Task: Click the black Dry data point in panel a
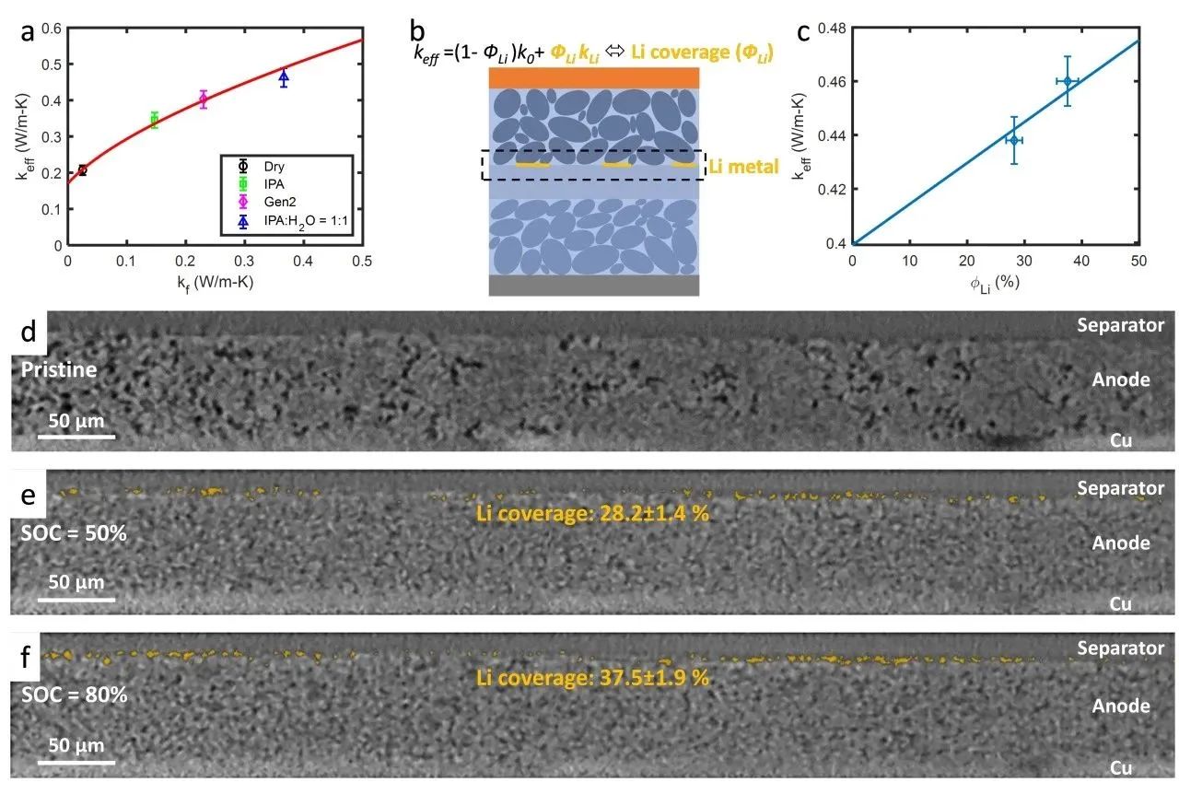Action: click(83, 170)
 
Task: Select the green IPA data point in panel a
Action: click(154, 120)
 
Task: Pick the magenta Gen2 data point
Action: click(204, 99)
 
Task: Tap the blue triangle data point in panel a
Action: click(284, 78)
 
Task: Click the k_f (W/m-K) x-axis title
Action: click(215, 281)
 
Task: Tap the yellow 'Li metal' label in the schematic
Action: click(741, 167)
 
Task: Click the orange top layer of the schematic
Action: click(594, 77)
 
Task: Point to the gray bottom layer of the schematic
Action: click(594, 286)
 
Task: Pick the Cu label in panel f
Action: click(1120, 767)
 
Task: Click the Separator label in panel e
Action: click(1120, 487)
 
